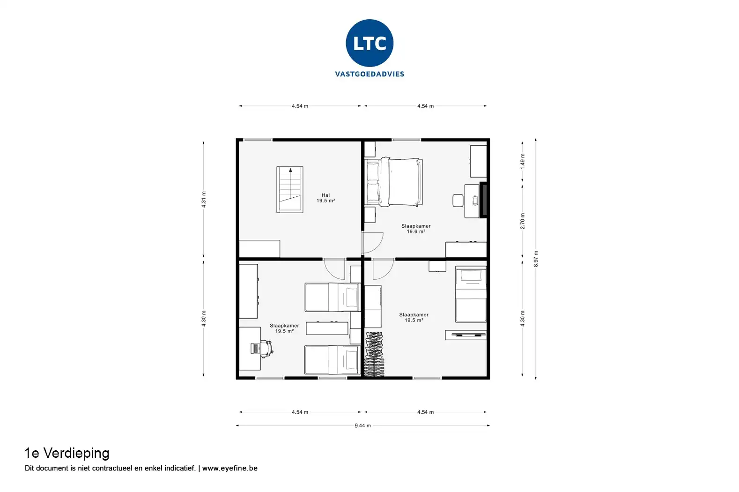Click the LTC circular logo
[x=369, y=43]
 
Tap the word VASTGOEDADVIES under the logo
[x=369, y=74]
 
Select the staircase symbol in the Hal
[x=289, y=189]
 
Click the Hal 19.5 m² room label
[x=325, y=198]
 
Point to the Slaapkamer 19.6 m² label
[x=416, y=229]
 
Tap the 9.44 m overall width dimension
[x=362, y=425]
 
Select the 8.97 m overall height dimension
[x=536, y=259]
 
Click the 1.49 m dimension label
[x=523, y=161]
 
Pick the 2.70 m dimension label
[x=523, y=221]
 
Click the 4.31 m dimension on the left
[x=204, y=199]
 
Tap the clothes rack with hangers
[x=374, y=354]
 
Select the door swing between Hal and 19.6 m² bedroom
[x=372, y=242]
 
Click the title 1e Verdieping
[x=67, y=453]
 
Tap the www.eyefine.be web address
[x=229, y=468]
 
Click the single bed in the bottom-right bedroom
[x=471, y=294]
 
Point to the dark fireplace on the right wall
[x=484, y=200]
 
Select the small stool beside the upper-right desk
[x=458, y=201]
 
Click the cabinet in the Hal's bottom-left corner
[x=259, y=248]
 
